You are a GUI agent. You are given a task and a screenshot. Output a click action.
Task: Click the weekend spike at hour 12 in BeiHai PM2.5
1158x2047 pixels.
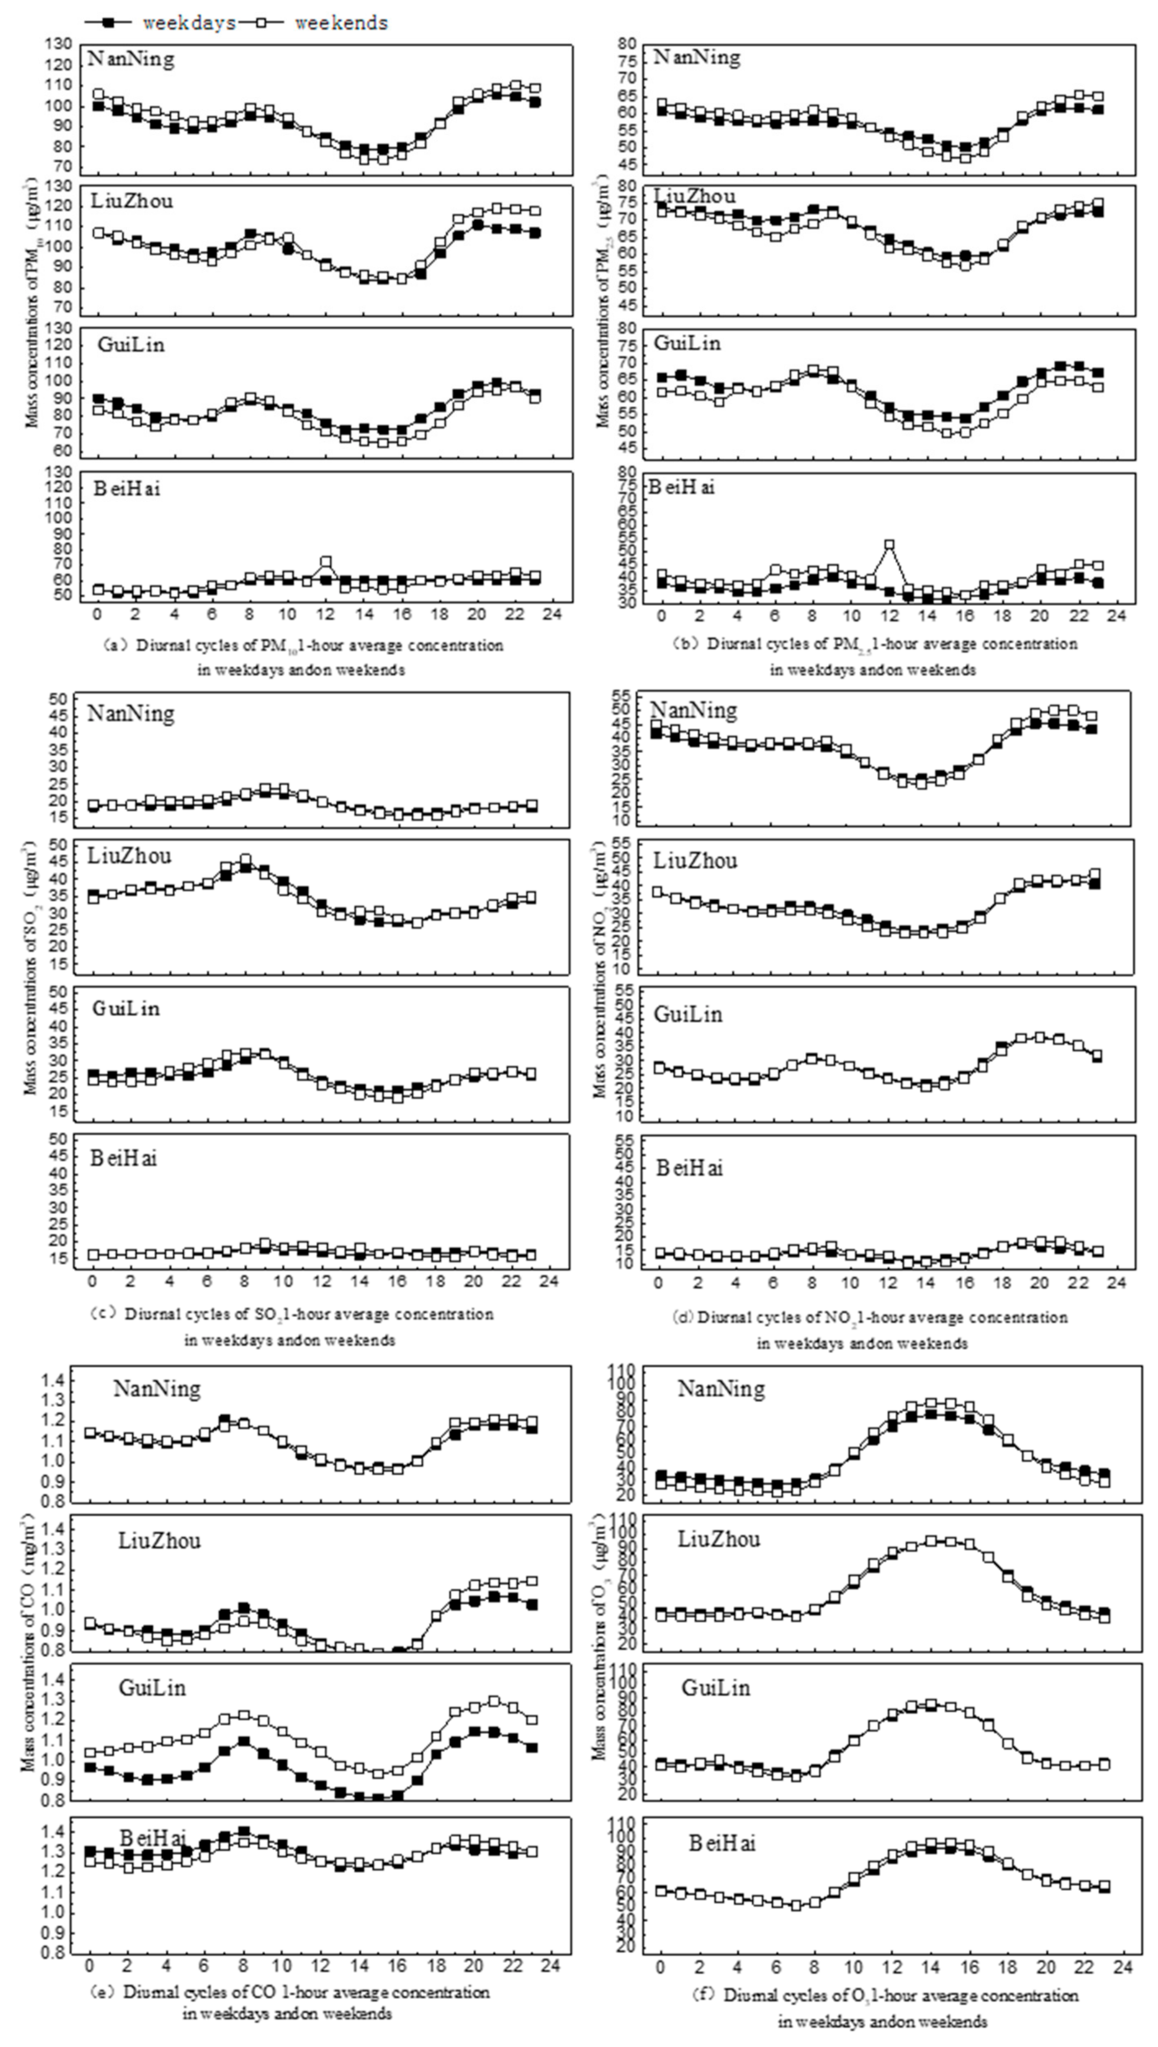[x=889, y=546]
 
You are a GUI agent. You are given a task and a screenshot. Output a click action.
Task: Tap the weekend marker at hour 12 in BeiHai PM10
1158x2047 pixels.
[x=326, y=562]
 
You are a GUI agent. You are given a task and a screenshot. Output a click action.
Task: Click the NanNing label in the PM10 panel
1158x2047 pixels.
[x=131, y=59]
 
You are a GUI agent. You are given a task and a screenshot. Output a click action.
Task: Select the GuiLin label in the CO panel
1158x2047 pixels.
[x=152, y=1688]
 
